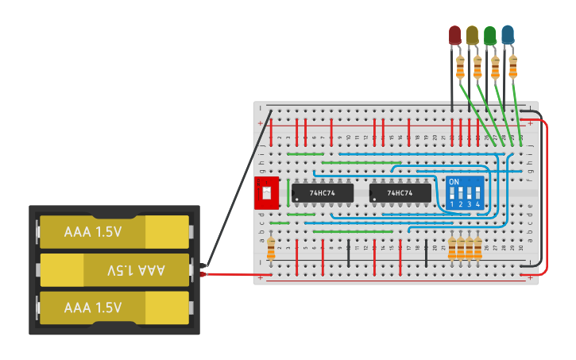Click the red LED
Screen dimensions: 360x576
coord(454,35)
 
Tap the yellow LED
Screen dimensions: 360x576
coord(472,35)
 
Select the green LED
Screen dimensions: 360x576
coord(489,35)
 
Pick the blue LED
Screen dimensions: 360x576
coord(507,35)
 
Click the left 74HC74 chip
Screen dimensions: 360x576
coord(322,193)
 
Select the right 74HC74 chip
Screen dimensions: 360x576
coord(400,193)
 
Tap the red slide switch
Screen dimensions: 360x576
coord(266,193)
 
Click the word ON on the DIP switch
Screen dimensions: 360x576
coord(454,182)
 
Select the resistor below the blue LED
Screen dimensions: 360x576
coord(512,68)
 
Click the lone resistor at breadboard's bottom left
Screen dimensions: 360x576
coord(271,249)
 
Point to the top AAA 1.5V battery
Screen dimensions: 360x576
coord(115,232)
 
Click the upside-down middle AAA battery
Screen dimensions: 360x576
coord(115,270)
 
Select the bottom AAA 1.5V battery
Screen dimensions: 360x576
coord(115,308)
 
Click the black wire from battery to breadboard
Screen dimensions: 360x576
coord(238,187)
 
